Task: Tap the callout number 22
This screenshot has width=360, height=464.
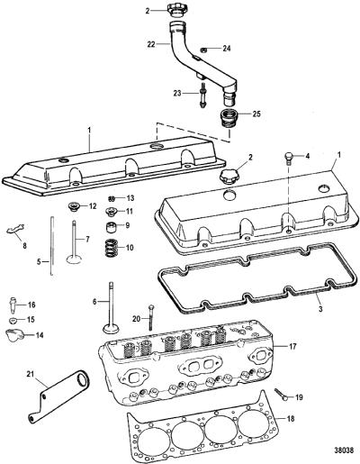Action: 152,44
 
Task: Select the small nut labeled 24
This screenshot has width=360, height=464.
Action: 203,50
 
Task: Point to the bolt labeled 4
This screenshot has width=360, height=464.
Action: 288,158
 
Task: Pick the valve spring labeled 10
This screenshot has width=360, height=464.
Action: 112,248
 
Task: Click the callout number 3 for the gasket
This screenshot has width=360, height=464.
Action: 320,308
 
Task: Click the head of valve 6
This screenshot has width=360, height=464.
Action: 110,328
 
